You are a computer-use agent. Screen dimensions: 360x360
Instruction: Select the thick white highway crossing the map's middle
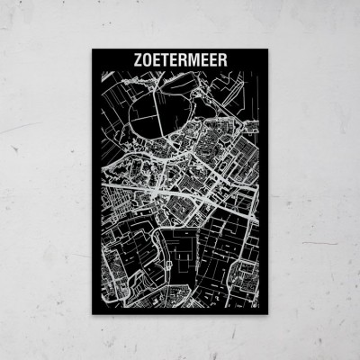pyautogui.click(x=180, y=188)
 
